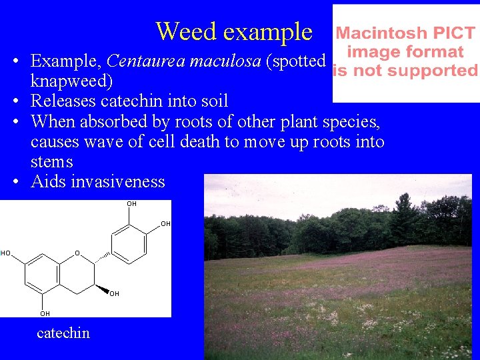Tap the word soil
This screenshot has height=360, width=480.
click(212, 101)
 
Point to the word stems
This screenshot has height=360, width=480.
click(51, 162)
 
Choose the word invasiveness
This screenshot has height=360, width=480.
click(117, 182)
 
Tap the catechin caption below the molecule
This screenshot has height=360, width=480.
click(63, 333)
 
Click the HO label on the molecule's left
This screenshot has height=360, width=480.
click(5, 253)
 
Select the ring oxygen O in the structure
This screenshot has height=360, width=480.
click(77, 253)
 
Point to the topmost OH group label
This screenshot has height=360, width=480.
click(131, 204)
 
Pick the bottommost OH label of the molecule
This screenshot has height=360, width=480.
click(45, 313)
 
